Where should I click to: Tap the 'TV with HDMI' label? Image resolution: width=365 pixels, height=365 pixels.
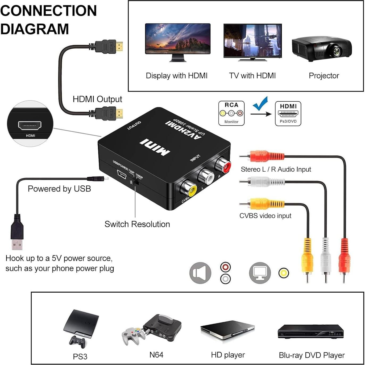tap(252, 76)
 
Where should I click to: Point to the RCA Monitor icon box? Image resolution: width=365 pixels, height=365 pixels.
tap(231, 113)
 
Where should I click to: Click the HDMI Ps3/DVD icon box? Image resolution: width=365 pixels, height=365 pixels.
tap(288, 114)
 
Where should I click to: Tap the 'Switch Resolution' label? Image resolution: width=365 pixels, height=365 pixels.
tap(137, 224)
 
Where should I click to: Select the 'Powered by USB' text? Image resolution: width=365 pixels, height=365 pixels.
tap(59, 189)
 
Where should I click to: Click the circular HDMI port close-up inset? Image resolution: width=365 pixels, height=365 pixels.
tap(30, 124)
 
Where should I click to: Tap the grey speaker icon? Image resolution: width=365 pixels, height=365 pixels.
tap(200, 273)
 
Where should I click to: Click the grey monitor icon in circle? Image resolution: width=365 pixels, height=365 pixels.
tap(260, 273)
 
